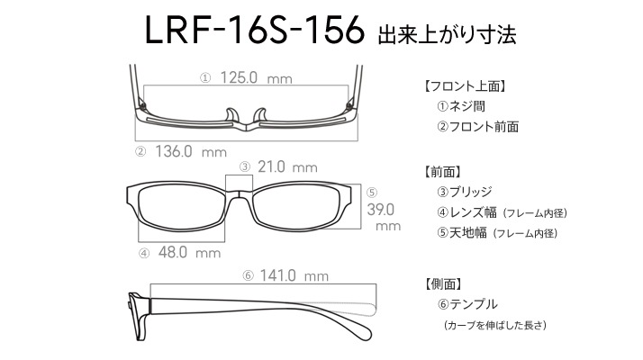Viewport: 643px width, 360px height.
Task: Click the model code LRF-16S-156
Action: coord(254,30)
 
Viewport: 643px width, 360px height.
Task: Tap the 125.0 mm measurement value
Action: coord(257,77)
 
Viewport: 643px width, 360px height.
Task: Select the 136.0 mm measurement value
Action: coord(191,151)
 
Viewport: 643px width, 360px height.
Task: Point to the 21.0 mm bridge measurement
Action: coord(287,166)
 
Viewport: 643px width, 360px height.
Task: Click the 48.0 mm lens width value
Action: coord(189,252)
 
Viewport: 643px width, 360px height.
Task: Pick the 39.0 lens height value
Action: coord(381,210)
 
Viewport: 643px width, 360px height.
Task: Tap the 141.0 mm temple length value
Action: coord(294,275)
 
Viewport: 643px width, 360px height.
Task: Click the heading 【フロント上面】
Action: coord(464,86)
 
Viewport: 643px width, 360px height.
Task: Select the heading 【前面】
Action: coord(442,172)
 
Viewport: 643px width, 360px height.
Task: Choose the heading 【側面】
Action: coord(442,283)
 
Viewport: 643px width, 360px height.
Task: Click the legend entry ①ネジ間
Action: coord(461,106)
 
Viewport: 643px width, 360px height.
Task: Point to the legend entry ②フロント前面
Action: coord(477,127)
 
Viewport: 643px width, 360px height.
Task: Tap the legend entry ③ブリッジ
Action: coord(465,192)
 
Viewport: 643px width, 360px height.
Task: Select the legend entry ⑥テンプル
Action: coord(467,304)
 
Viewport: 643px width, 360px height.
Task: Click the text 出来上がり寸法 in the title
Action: coord(447,34)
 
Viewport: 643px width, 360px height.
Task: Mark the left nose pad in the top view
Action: coord(232,115)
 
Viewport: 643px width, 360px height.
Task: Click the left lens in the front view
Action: coord(180,207)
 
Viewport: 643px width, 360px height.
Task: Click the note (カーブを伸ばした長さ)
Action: coord(495,325)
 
